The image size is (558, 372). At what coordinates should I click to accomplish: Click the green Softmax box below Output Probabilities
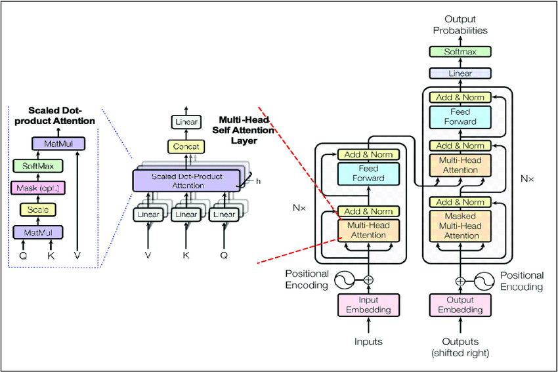(460, 51)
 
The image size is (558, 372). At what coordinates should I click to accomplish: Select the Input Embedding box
(368, 305)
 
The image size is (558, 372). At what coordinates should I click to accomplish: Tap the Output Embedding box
(460, 305)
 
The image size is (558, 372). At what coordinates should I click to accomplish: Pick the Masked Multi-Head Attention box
(460, 225)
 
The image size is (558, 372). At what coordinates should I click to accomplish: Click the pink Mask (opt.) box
(37, 189)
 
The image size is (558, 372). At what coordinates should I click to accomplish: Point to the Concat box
(186, 147)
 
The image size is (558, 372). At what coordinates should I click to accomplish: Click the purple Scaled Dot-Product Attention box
(186, 180)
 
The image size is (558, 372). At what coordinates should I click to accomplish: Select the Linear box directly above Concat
(186, 122)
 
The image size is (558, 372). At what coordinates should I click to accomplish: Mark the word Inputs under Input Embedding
(368, 342)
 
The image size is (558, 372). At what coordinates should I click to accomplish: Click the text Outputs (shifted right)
(460, 347)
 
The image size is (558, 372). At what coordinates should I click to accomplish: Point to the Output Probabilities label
(460, 25)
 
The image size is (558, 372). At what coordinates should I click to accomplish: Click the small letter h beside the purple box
(258, 181)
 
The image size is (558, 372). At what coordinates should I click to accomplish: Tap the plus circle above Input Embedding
(368, 280)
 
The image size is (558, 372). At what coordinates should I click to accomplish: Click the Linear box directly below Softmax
(460, 73)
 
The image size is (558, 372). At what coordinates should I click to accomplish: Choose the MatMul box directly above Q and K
(37, 232)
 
